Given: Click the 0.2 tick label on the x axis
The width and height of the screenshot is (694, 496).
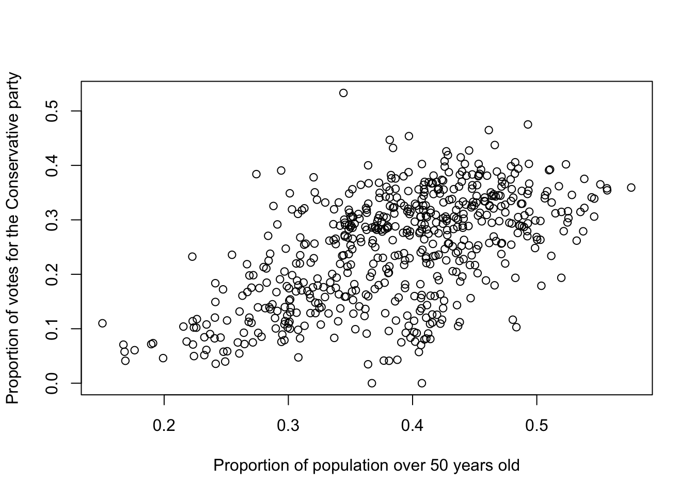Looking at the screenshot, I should [x=164, y=426].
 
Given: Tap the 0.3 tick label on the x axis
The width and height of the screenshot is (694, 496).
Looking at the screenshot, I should [x=288, y=426].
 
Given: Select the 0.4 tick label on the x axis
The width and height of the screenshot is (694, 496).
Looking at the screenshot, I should [x=413, y=426].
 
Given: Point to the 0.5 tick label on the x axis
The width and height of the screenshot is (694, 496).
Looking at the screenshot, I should [x=537, y=426].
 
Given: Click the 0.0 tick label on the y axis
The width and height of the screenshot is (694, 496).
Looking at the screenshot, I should [x=52, y=383].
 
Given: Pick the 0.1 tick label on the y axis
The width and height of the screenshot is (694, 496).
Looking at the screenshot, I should [x=52, y=329].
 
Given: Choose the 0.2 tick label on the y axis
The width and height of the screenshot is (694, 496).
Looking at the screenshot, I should [x=52, y=274].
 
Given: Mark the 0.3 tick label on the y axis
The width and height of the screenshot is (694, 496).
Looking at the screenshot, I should [x=52, y=220].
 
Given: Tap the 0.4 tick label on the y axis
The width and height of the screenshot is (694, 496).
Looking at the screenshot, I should [x=52, y=165].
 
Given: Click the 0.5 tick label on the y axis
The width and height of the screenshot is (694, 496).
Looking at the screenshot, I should [x=52, y=111].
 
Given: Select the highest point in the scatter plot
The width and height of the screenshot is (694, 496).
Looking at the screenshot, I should [x=343, y=93].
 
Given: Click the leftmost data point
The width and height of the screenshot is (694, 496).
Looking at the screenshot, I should [x=102, y=323].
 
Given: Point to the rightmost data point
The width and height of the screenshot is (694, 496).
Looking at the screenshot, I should [x=631, y=188].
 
